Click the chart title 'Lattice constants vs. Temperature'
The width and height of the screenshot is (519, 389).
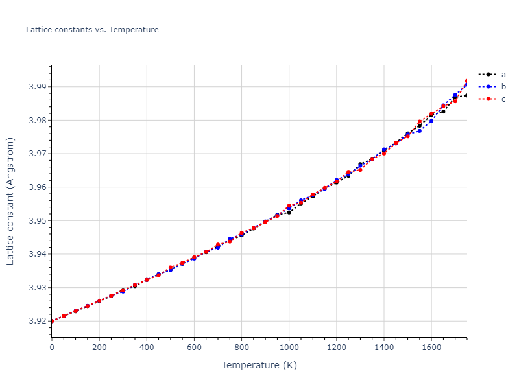[x=92, y=30]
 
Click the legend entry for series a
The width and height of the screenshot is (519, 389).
[x=503, y=75]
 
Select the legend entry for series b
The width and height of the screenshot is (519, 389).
[x=503, y=87]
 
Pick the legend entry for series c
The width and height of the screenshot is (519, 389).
[x=503, y=99]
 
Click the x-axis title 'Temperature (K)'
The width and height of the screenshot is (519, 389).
[x=259, y=366]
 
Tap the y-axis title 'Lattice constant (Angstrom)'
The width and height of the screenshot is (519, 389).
[x=11, y=201]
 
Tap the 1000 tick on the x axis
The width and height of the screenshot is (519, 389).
[x=289, y=348]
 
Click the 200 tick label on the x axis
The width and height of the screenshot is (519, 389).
[x=99, y=348]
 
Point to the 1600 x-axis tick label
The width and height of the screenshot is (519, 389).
[x=431, y=348]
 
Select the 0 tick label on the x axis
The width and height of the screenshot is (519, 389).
[x=52, y=348]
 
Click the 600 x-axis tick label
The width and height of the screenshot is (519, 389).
[x=194, y=348]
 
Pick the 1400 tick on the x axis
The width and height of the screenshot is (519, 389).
[x=384, y=348]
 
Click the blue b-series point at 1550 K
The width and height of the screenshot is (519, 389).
[x=420, y=131]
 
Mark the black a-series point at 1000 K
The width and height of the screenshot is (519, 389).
[x=289, y=213]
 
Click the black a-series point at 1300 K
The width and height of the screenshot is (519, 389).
[x=360, y=165]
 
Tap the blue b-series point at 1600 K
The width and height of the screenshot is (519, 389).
[x=431, y=121]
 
